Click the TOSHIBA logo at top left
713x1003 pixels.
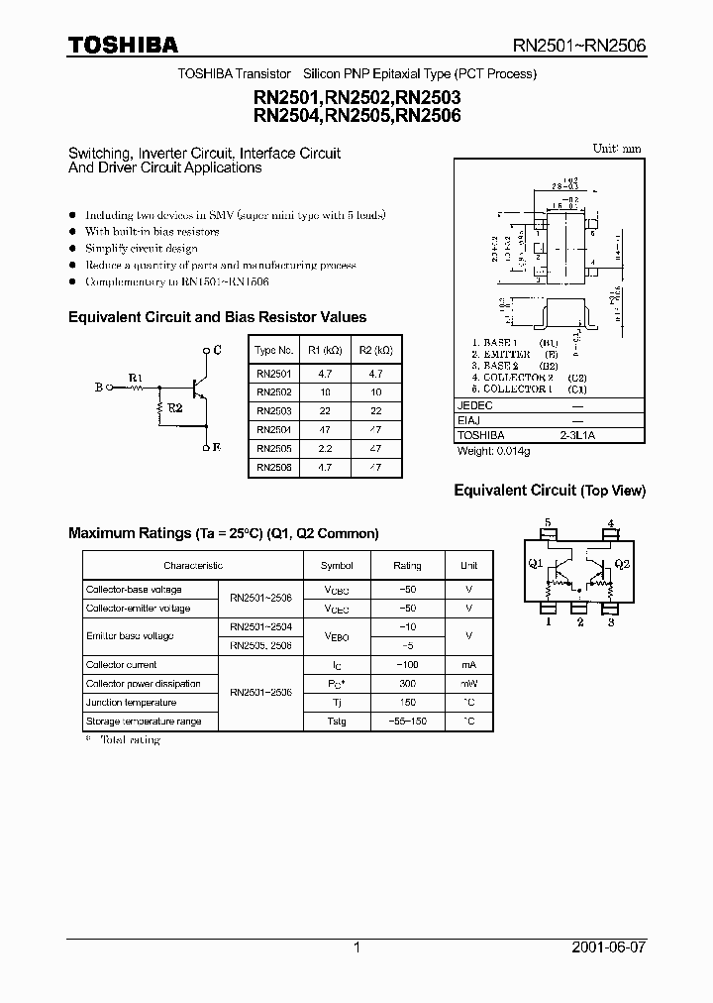(123, 45)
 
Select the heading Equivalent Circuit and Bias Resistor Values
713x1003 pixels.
(217, 317)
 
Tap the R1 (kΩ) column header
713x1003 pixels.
(325, 350)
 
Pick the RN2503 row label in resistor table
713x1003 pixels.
(274, 410)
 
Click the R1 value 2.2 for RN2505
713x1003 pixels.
(325, 448)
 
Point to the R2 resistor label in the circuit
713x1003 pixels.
(174, 407)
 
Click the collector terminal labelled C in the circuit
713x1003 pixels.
(217, 350)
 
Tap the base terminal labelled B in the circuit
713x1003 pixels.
(98, 388)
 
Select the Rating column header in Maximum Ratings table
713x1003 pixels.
(407, 565)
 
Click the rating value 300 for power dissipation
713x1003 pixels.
(407, 684)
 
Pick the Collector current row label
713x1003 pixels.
(122, 665)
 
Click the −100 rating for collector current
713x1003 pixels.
(407, 665)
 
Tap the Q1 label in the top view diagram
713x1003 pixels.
(536, 564)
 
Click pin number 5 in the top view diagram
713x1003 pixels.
(548, 523)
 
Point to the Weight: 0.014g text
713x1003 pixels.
(493, 451)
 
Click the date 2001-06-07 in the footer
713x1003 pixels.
(608, 947)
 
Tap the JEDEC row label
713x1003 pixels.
(474, 405)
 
